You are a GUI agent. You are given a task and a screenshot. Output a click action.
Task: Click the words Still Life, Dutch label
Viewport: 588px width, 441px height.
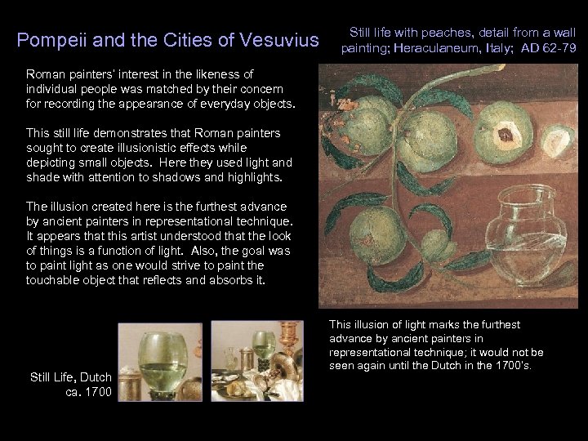pos(70,377)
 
